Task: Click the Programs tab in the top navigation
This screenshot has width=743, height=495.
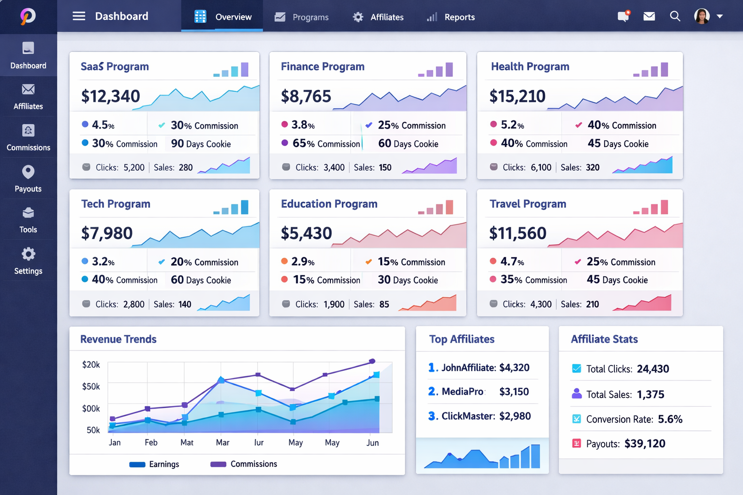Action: pos(302,17)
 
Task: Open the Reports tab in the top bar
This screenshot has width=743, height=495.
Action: pos(451,17)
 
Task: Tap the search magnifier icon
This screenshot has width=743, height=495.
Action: pos(675,16)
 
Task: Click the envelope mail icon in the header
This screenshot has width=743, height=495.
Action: pos(649,16)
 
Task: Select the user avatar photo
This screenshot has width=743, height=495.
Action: pos(701,16)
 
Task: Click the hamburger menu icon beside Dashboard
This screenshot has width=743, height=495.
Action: pos(79,16)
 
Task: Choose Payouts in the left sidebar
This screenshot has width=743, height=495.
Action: pos(28,179)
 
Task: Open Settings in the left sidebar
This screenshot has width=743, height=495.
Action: pos(28,261)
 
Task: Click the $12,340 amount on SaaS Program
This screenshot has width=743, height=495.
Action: pos(111,96)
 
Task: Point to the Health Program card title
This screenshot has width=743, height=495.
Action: pos(530,67)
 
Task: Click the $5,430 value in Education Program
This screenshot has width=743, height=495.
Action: pos(306,233)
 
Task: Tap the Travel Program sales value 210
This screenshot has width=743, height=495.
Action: pos(592,304)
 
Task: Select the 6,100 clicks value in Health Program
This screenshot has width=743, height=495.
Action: pos(541,167)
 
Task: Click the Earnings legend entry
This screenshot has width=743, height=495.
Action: pos(155,464)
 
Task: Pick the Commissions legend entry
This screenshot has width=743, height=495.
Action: pos(244,464)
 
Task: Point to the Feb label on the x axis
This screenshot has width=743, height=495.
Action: pos(151,442)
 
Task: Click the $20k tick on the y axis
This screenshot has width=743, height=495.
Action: pos(91,364)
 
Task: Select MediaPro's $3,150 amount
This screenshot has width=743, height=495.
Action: pos(514,392)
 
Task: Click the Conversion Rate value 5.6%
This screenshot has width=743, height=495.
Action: pos(670,419)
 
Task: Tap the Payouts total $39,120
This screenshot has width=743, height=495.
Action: pos(645,444)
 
